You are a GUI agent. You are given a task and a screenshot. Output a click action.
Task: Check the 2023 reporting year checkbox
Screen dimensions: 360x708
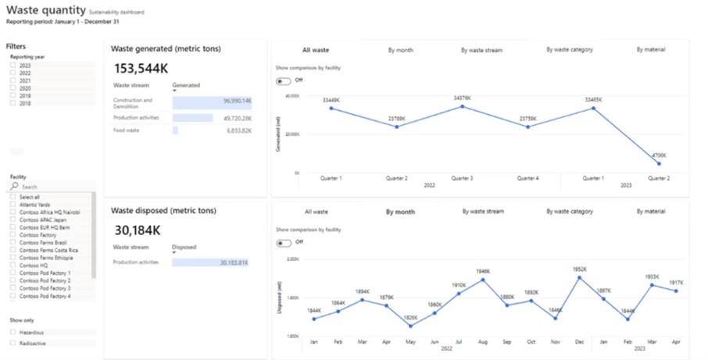tap(13, 66)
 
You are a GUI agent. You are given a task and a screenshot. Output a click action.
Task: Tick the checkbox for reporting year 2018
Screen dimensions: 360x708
tap(13, 103)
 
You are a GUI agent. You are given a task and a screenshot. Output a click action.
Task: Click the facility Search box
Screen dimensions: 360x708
tap(55, 187)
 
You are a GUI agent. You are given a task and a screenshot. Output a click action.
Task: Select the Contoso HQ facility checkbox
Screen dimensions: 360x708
tap(13, 265)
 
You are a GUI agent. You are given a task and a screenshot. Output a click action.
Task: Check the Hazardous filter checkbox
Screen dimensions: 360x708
tap(13, 332)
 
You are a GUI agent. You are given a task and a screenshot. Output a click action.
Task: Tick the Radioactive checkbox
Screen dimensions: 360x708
tap(13, 342)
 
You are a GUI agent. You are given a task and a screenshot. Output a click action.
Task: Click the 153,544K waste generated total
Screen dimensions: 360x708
tap(141, 69)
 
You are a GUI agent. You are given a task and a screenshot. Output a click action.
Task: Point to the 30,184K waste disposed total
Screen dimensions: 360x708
tap(138, 230)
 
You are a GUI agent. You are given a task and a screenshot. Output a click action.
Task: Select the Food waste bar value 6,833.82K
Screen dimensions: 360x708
tap(175, 130)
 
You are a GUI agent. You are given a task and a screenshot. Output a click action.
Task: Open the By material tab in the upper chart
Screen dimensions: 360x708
tap(650, 49)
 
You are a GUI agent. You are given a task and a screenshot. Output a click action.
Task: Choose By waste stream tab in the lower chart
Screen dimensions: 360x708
tap(483, 211)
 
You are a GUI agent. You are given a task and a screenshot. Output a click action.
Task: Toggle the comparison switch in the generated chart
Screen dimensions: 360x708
tap(284, 80)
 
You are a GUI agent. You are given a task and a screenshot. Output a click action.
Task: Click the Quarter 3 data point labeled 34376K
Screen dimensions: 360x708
tap(462, 106)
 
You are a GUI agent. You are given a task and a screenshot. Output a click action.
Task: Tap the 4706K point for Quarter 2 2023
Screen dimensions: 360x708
tap(659, 164)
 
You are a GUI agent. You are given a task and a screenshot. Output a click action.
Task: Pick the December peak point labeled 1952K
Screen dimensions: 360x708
tap(579, 277)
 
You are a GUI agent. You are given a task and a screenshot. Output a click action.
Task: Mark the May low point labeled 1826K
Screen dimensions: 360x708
tap(410, 326)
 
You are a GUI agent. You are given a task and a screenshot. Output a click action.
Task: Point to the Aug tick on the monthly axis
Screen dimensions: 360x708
tap(483, 342)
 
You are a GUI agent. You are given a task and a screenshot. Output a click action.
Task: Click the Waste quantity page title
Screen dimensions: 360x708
tap(45, 11)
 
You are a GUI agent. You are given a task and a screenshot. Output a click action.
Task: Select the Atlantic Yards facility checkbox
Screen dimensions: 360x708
tap(13, 205)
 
